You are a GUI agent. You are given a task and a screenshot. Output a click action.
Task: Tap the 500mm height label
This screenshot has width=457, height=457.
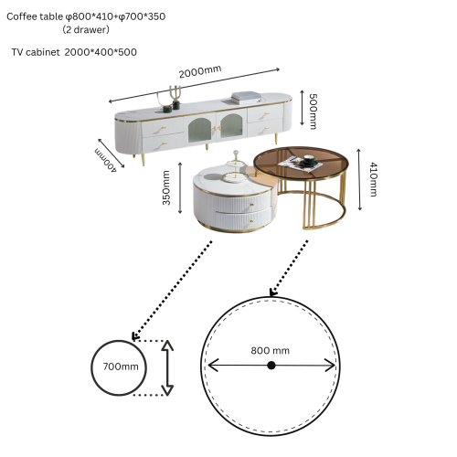coord(313,109)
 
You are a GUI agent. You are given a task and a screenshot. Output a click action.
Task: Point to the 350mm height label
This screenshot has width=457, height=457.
coord(166,188)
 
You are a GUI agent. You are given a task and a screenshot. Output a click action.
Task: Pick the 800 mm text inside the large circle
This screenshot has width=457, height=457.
coord(271,350)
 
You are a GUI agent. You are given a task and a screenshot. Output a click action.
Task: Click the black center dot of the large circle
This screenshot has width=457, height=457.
coord(271,366)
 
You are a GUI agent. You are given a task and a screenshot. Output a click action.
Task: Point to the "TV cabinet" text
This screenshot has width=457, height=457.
coord(36,52)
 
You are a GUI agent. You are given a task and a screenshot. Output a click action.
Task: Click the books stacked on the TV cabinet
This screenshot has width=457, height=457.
coord(247,95)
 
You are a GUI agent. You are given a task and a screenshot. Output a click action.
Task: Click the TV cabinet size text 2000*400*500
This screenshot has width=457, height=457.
coord(101,52)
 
